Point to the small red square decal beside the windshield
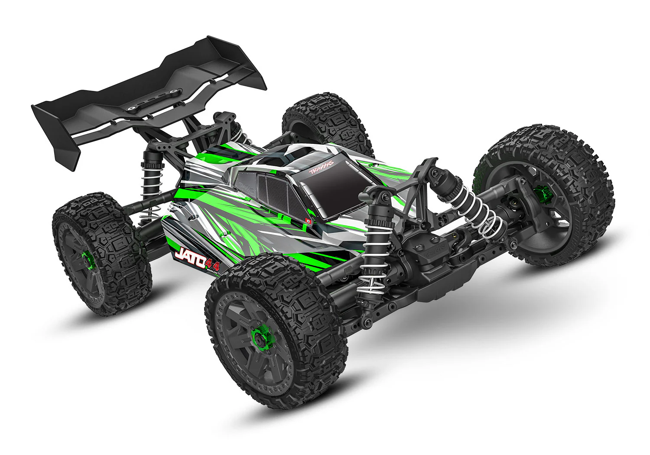click(309, 220)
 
